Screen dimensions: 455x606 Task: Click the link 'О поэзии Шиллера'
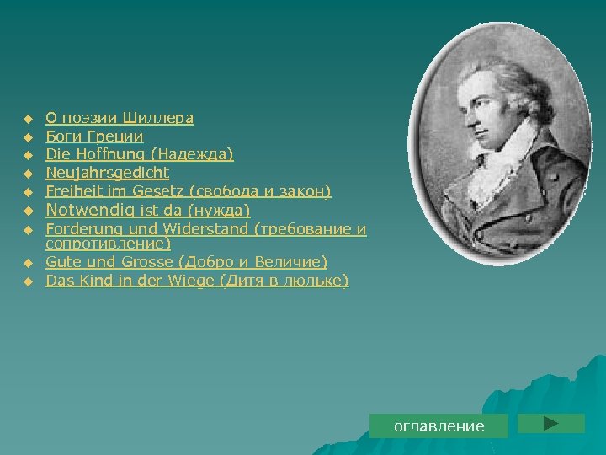click(x=120, y=118)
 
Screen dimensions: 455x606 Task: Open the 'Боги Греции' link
click(x=94, y=136)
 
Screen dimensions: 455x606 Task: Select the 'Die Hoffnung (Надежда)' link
click(x=140, y=154)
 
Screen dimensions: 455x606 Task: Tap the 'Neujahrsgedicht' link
click(x=107, y=173)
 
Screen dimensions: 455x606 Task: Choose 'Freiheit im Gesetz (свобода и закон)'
click(x=189, y=191)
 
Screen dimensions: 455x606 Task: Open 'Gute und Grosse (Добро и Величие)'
click(x=187, y=262)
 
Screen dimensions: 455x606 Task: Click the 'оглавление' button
click(x=439, y=426)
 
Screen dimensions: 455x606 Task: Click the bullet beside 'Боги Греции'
click(x=27, y=137)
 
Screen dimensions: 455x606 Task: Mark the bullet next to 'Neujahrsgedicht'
click(x=27, y=174)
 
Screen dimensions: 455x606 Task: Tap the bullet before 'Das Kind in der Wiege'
click(x=27, y=281)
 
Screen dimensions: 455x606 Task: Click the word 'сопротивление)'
click(x=109, y=244)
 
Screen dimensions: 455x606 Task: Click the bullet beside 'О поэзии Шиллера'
click(x=27, y=119)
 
